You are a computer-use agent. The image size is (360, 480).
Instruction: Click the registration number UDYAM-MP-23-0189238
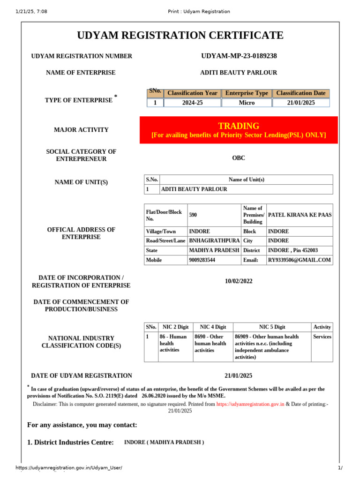click(x=239, y=56)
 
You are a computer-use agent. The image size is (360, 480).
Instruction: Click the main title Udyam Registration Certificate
click(x=180, y=35)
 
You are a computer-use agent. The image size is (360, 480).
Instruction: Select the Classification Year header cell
click(x=192, y=93)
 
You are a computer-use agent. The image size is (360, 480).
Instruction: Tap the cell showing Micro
click(x=247, y=103)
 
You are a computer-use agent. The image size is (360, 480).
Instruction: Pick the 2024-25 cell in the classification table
click(x=192, y=103)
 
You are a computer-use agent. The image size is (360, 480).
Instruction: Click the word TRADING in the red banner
click(x=239, y=126)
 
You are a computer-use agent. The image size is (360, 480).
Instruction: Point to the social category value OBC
click(x=239, y=158)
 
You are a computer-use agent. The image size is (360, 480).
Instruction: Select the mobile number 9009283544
click(x=202, y=260)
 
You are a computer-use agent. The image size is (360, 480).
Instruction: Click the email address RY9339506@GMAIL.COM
click(x=299, y=260)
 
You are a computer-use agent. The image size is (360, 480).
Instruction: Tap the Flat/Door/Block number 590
click(x=193, y=215)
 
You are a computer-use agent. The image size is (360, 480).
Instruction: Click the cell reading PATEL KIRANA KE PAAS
click(x=299, y=215)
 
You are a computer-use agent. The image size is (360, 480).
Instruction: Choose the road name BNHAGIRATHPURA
click(x=213, y=241)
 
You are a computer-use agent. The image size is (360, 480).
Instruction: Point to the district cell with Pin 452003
click(x=292, y=251)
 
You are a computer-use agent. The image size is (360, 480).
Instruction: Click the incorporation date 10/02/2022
click(x=239, y=281)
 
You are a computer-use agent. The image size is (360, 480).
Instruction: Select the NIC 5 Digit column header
click(x=272, y=327)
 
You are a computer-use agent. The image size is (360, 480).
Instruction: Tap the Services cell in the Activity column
click(x=322, y=337)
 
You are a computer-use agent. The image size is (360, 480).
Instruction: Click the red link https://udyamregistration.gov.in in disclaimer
click(x=250, y=404)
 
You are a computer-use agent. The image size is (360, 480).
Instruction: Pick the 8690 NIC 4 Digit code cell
click(x=213, y=343)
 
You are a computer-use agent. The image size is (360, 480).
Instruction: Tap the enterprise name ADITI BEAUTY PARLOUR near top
click(x=239, y=73)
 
